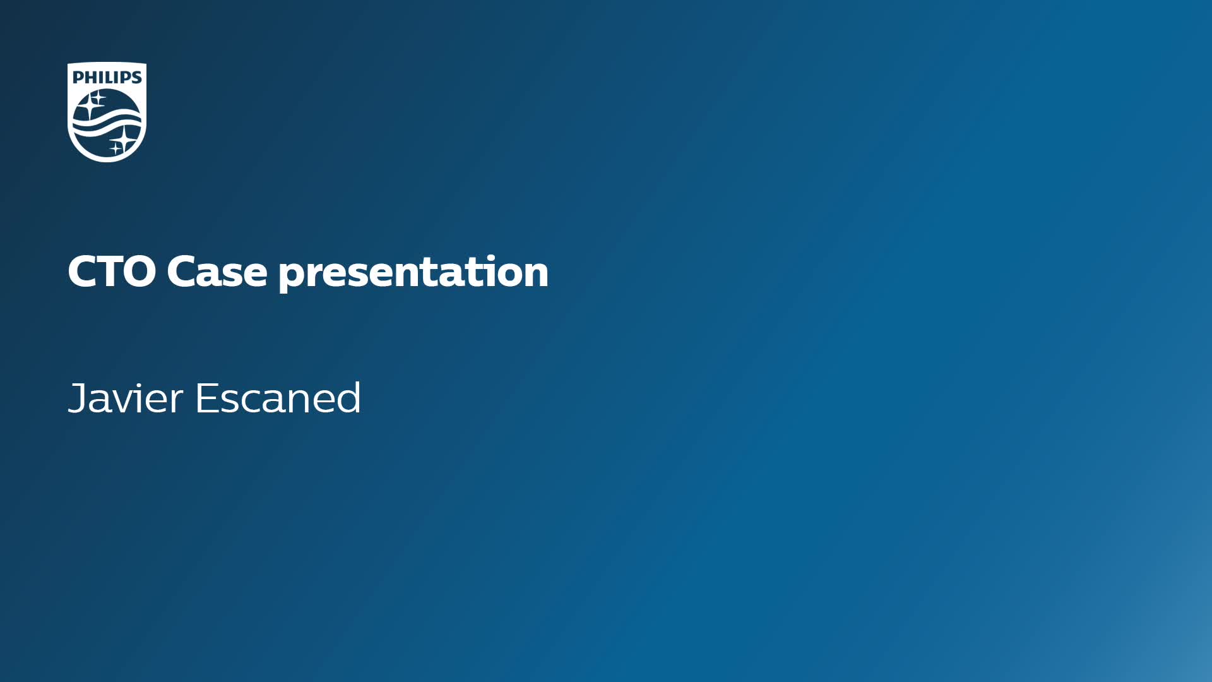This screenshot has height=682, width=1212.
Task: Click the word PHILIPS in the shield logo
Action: point(107,77)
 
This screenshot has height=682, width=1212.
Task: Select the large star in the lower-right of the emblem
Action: point(124,139)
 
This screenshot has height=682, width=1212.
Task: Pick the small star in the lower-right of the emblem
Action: point(116,148)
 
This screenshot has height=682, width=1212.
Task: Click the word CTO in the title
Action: point(112,272)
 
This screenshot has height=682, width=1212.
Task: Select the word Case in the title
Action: point(217,272)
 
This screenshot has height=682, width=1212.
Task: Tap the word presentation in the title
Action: point(413,273)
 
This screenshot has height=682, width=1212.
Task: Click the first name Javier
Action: point(126,398)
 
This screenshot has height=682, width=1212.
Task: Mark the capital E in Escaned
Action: point(206,398)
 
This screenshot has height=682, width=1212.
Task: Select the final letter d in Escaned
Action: point(348,398)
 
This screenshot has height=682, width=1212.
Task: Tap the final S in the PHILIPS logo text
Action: point(136,77)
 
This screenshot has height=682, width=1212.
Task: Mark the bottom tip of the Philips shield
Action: point(107,162)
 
